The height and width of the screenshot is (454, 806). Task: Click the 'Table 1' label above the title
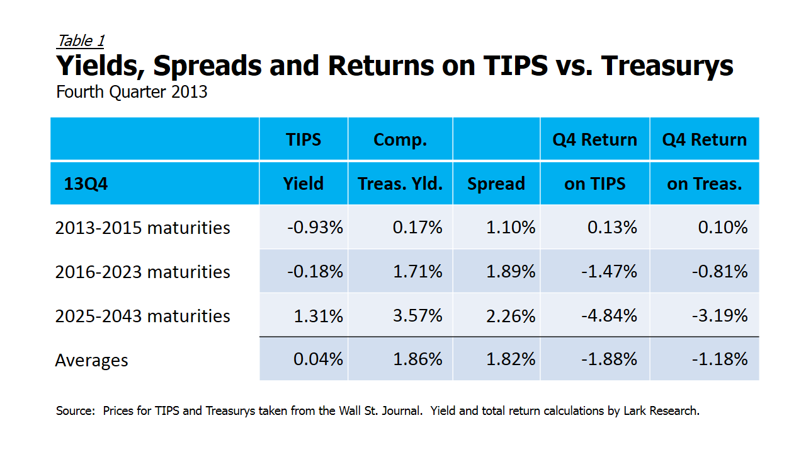[80, 41]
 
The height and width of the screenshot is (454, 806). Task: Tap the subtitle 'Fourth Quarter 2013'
[132, 92]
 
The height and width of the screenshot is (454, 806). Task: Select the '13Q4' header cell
[86, 183]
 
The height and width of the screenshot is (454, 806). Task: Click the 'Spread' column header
[496, 183]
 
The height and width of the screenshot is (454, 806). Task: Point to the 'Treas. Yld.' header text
[400, 183]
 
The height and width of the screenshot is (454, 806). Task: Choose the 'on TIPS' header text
[595, 183]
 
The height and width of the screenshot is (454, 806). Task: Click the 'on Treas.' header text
[705, 183]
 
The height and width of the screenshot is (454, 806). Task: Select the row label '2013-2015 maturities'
[142, 227]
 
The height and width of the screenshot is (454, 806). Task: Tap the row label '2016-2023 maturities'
[142, 271]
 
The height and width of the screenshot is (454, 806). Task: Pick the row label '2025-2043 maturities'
[142, 315]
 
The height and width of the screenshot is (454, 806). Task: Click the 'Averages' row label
[91, 360]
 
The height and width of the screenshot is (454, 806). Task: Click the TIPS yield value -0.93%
[315, 227]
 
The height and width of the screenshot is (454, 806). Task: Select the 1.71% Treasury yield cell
[417, 271]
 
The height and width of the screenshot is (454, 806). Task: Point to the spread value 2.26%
[511, 315]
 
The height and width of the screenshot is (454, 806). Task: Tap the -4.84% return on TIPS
[608, 315]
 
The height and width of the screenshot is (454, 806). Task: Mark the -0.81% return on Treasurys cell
[719, 271]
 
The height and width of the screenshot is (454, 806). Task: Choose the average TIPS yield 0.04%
[318, 359]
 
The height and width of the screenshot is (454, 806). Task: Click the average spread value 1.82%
[511, 359]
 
